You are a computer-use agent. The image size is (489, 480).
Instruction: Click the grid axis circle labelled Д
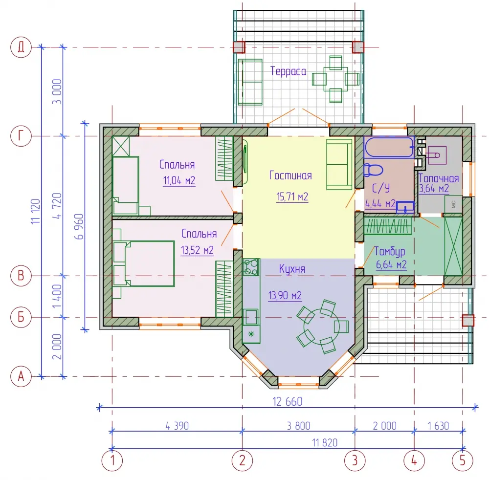[x=21, y=47]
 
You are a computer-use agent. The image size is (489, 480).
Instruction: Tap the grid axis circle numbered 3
[x=355, y=460]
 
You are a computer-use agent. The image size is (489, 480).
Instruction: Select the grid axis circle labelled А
[x=21, y=376]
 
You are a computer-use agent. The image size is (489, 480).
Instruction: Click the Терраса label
[x=288, y=71]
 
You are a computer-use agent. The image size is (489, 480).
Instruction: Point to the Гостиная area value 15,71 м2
[x=292, y=197]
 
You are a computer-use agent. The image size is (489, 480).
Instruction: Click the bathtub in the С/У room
[x=389, y=148]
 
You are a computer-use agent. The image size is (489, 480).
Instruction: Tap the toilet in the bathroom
[x=373, y=170]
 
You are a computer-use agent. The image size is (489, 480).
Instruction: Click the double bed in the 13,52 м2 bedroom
[x=144, y=263]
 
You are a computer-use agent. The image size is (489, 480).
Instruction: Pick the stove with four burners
[x=251, y=267]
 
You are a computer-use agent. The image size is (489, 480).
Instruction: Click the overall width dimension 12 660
[x=287, y=401]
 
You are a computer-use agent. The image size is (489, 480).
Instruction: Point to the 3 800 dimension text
[x=298, y=426]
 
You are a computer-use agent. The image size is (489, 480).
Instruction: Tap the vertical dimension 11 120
[x=36, y=211]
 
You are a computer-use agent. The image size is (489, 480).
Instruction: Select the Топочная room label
[x=439, y=178]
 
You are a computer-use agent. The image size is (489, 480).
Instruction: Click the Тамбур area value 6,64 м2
[x=391, y=265]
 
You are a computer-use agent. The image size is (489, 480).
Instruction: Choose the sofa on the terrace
[x=250, y=82]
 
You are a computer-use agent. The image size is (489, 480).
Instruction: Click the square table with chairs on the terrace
[x=335, y=79]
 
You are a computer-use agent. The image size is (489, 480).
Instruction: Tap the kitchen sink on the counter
[x=251, y=317]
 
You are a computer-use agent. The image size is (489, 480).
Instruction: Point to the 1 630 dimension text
[x=438, y=426]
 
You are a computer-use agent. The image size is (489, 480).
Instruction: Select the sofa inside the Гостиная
[x=339, y=164]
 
